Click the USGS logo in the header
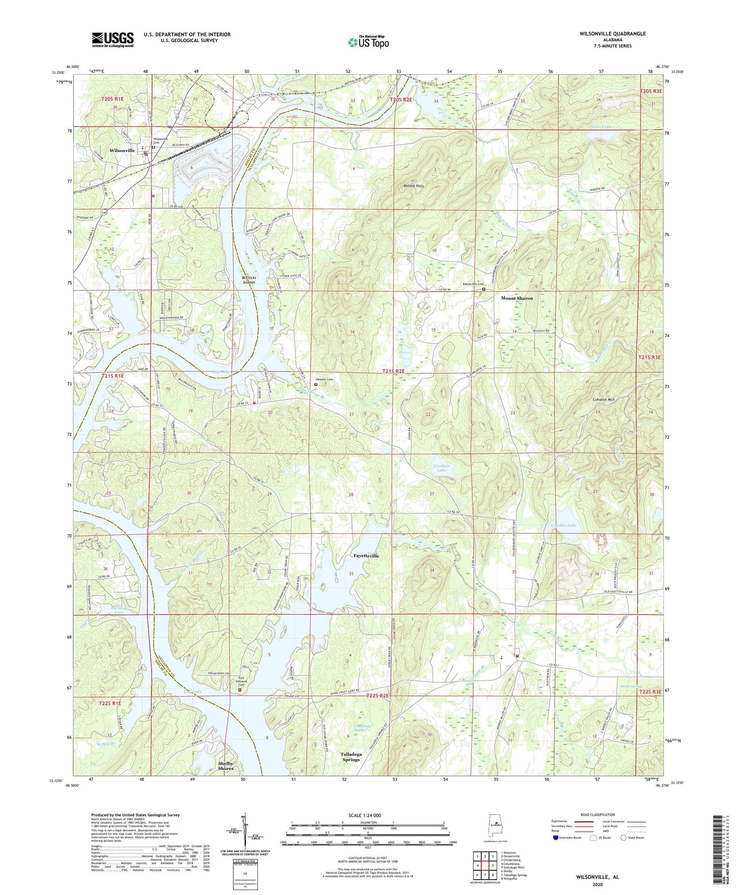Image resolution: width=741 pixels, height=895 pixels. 113,39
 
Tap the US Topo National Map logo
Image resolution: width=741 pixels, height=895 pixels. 368,42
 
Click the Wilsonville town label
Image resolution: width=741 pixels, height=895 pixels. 122,151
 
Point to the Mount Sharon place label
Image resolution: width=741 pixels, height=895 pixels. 517,298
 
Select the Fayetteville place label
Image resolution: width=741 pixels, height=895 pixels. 366,556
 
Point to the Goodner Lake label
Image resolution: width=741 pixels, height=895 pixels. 440,468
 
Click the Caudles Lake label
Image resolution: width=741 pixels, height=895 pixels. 563,525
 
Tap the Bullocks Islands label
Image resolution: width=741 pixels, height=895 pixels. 248,280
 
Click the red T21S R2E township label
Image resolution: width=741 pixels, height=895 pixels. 393,371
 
